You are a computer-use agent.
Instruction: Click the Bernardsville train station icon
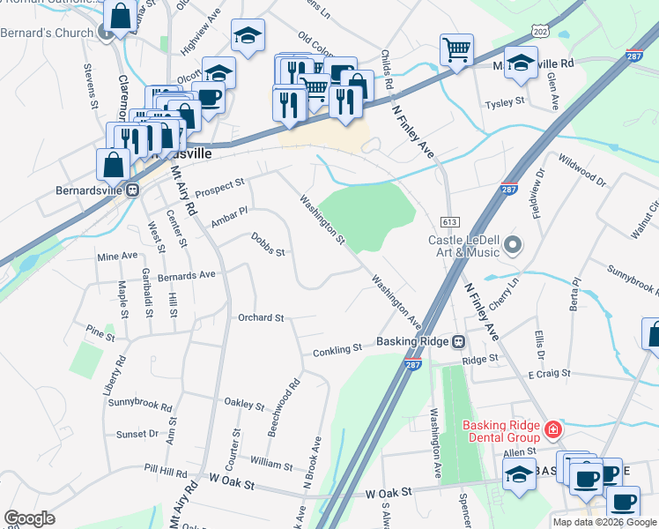[133, 190]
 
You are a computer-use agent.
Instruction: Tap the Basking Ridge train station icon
[458, 341]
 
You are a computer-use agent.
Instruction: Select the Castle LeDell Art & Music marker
[515, 244]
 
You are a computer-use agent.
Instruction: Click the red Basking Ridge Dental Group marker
[552, 430]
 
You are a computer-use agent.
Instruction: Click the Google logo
[29, 518]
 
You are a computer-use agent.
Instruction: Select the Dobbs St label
[268, 244]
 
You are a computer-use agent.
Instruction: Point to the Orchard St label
[260, 317]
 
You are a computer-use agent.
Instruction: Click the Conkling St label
[337, 349]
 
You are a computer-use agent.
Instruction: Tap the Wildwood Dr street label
[583, 169]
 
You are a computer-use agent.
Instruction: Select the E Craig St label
[549, 375]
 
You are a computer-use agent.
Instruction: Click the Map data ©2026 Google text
[604, 522]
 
